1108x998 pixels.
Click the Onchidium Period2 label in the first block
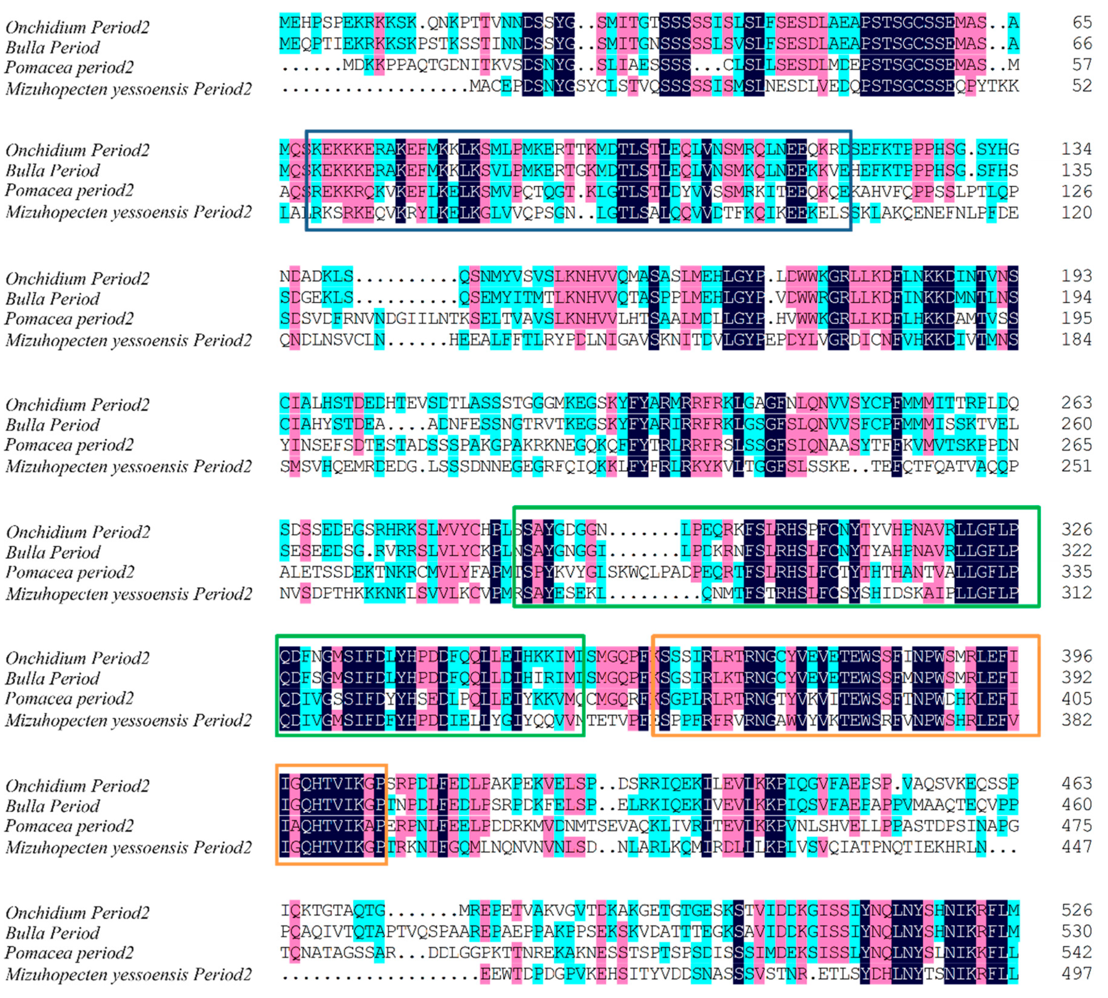click(77, 27)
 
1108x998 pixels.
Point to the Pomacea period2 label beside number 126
click(69, 191)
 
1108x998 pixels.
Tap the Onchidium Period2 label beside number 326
click(77, 532)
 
